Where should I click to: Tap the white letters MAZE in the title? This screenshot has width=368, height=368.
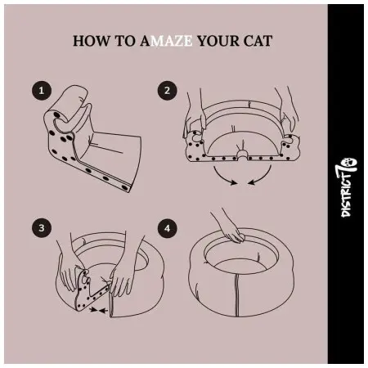[x=172, y=41]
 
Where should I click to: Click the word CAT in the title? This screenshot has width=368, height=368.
[x=258, y=41]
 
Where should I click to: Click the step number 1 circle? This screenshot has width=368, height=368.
[x=42, y=91]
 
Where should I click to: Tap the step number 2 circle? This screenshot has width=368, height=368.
[x=168, y=91]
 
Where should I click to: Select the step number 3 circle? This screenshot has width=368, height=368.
[x=42, y=228]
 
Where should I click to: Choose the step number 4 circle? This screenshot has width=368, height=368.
[x=168, y=228]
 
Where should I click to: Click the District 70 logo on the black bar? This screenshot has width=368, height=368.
[x=346, y=187]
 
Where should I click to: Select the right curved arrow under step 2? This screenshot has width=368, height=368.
[x=260, y=177]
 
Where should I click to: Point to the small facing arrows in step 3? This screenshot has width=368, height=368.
[x=98, y=310]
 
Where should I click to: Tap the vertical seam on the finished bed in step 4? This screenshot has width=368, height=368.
[x=237, y=295]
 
